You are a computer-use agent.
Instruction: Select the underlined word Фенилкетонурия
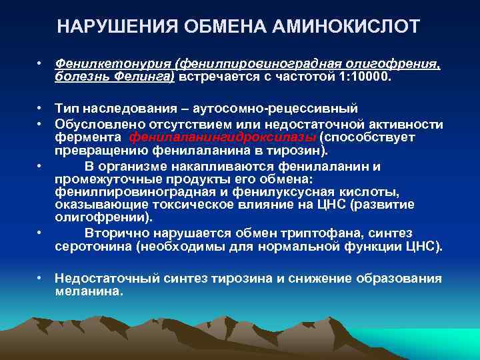click(x=113, y=63)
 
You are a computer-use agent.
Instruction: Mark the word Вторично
click(x=117, y=233)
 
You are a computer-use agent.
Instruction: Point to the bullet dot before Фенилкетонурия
click(x=41, y=63)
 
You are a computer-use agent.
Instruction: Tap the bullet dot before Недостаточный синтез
click(x=41, y=277)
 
